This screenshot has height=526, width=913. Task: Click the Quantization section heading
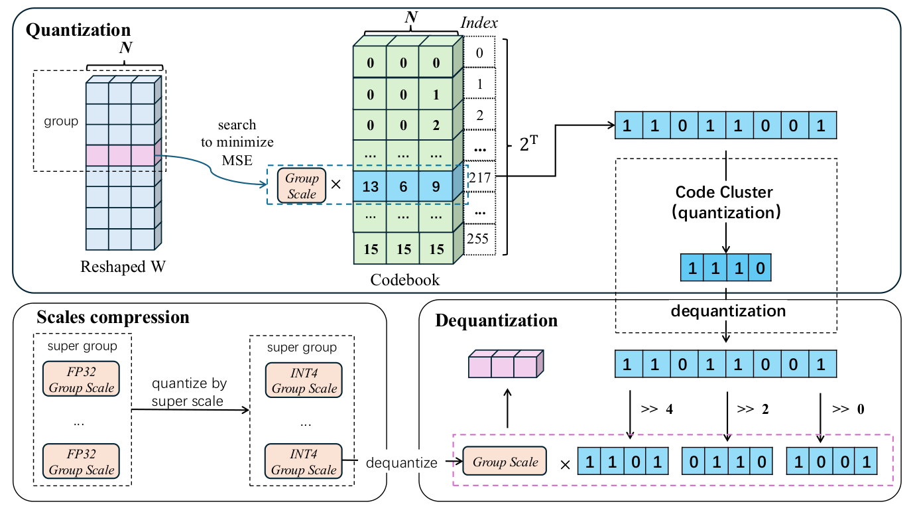(x=78, y=30)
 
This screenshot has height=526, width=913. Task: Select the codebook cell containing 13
(x=370, y=187)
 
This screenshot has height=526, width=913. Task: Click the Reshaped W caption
(x=123, y=267)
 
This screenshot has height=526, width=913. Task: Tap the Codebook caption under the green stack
(x=404, y=279)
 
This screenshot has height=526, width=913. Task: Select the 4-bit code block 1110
(x=726, y=270)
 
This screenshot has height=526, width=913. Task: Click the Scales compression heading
(x=113, y=317)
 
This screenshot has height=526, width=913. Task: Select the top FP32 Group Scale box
(x=81, y=379)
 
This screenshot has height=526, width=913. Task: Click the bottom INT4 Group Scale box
(x=304, y=461)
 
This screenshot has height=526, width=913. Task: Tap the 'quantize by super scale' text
(x=190, y=392)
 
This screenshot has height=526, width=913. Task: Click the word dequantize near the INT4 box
(x=401, y=462)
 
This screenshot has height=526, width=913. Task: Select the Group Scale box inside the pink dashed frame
(x=505, y=462)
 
